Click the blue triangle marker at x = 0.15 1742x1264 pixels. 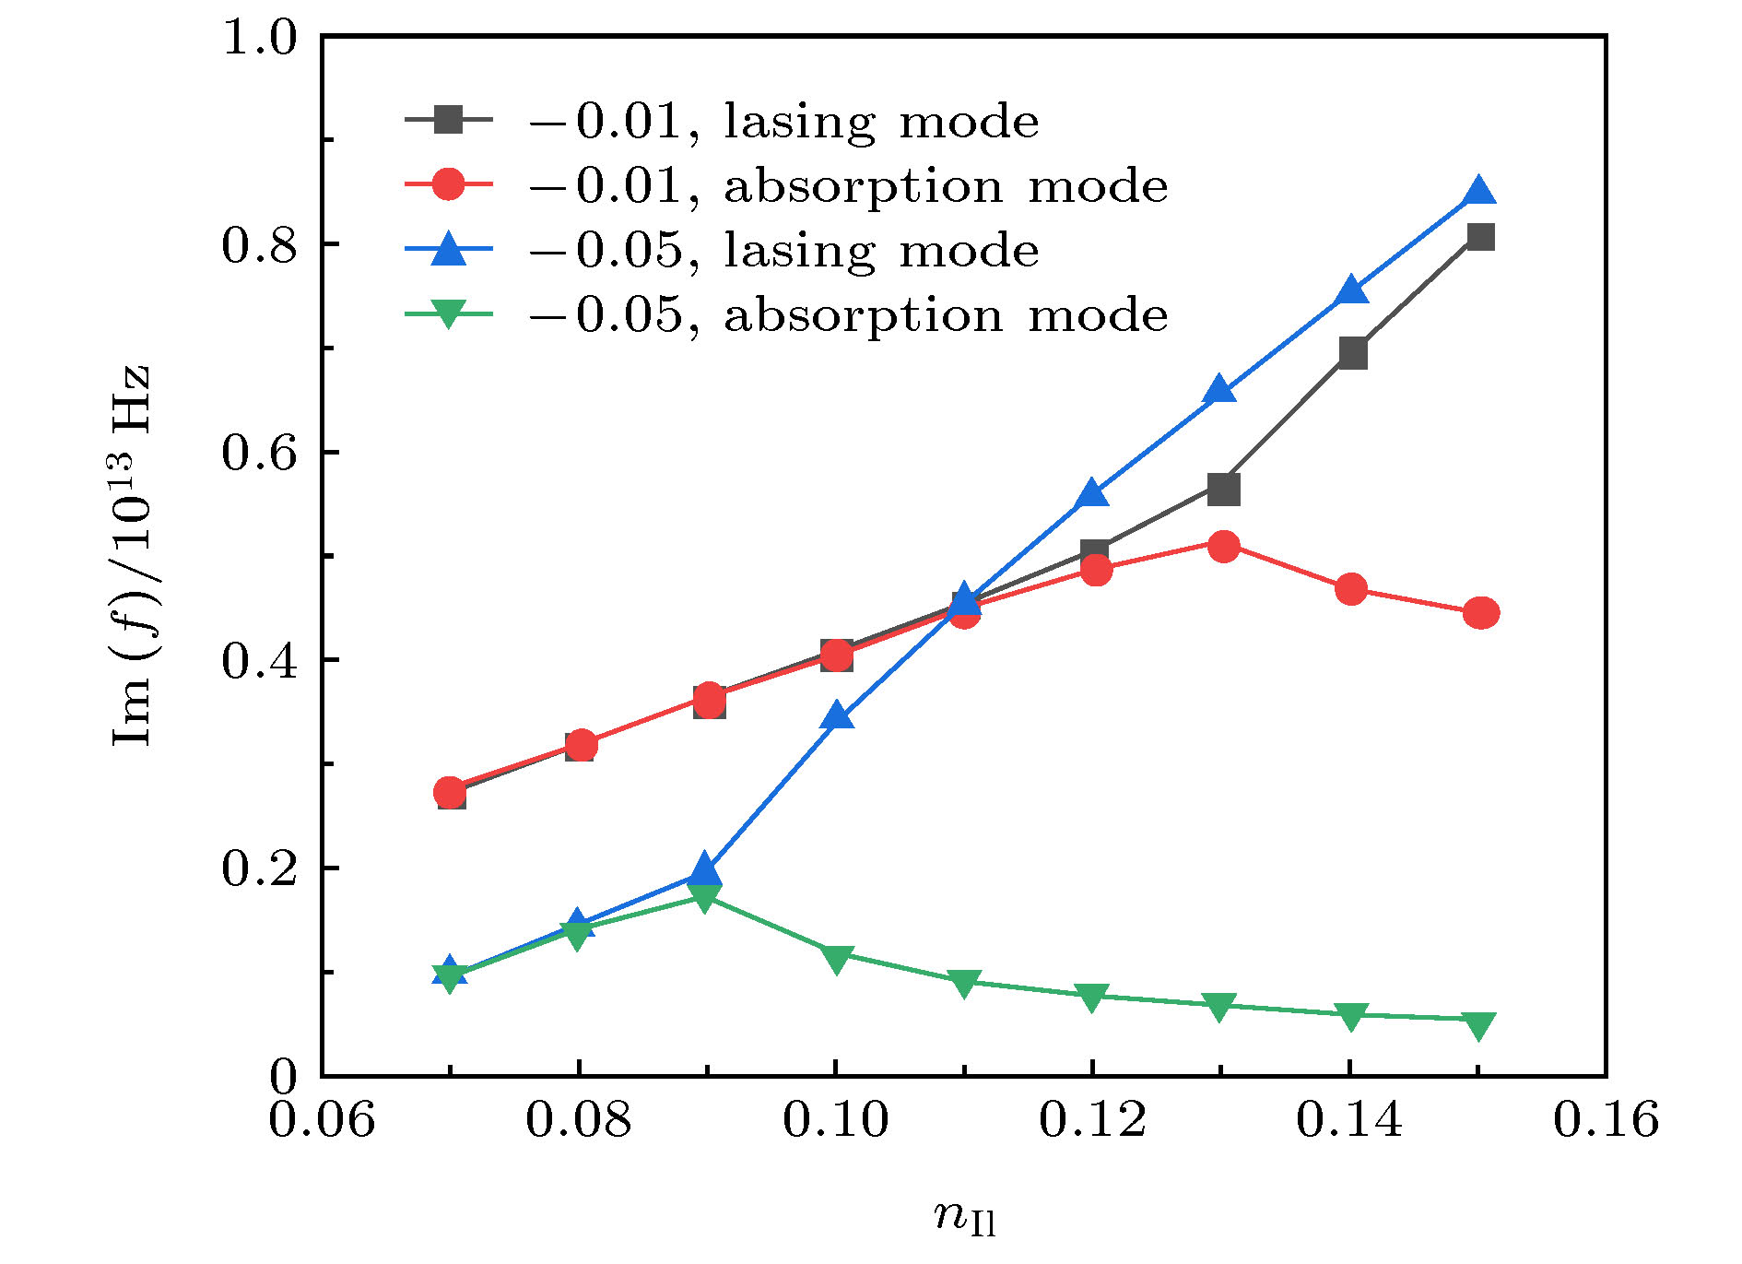[1478, 191]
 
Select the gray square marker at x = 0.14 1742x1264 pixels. [1352, 353]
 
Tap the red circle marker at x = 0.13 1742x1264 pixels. [1223, 546]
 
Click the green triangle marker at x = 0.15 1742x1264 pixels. [1478, 1026]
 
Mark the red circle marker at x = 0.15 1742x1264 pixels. [1480, 613]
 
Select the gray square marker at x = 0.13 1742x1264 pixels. [1223, 490]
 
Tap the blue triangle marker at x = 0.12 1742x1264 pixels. [1093, 492]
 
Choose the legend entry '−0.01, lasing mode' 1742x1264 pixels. [722, 121]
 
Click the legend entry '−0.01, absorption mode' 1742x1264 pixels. [786, 185]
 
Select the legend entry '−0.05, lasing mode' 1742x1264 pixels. [722, 250]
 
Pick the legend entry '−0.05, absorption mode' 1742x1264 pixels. [786, 314]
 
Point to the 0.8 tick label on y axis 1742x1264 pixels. [260, 246]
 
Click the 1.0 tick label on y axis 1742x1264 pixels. [260, 39]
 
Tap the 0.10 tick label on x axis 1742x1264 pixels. [835, 1120]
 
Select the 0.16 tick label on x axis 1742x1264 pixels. [1607, 1120]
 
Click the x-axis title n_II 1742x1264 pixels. [965, 1216]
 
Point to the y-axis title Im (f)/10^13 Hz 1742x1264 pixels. [130, 555]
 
